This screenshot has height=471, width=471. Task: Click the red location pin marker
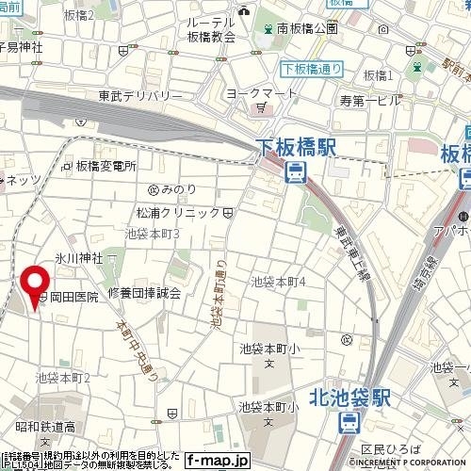point(36,286)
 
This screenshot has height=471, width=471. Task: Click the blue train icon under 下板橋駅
point(296,172)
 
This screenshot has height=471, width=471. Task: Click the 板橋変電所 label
point(106,166)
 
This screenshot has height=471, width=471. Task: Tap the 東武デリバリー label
point(139,95)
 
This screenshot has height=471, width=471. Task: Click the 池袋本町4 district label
point(279,282)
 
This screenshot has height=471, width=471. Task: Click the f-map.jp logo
point(217,460)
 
